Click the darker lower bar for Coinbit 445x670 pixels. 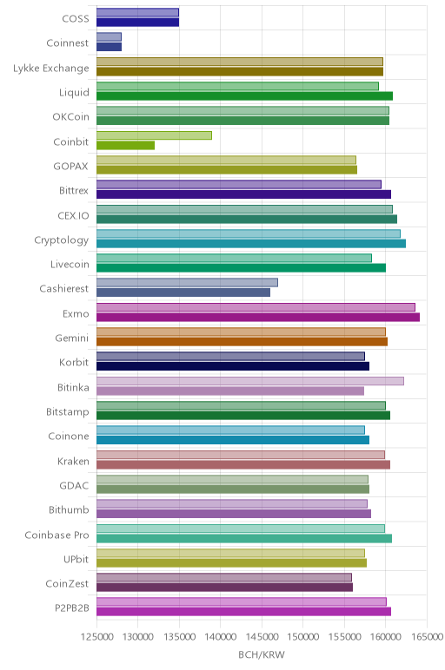coord(125,145)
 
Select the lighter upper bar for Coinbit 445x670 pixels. coord(154,135)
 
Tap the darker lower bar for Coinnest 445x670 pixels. coord(110,47)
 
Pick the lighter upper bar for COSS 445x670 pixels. coord(138,12)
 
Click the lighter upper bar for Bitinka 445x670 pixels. coord(250,381)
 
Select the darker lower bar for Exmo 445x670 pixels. coord(258,317)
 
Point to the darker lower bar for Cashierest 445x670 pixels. coord(183,292)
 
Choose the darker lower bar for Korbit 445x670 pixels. coord(233,366)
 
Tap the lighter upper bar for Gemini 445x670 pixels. coord(241,332)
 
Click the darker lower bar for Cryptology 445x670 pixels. coord(251,244)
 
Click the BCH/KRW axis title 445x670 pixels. coord(262,654)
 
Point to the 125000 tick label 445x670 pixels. coord(97,637)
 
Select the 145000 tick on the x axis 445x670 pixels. coord(262,637)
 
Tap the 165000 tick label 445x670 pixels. coord(427,637)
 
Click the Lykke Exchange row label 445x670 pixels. coord(51,69)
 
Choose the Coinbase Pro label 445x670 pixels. coord(56,535)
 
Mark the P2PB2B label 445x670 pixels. coord(72,608)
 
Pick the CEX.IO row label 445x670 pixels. coord(74,215)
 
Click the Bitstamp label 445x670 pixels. coord(68,412)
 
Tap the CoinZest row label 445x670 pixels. coord(67,584)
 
